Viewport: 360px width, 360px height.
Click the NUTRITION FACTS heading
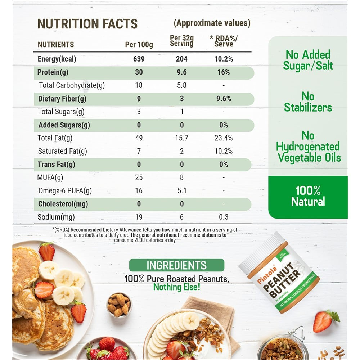point(87,24)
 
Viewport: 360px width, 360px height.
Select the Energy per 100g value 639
point(139,59)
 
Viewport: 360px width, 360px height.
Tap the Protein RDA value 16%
point(224,72)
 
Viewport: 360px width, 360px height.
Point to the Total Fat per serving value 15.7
point(182,138)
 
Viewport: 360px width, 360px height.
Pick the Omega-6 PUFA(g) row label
point(65,191)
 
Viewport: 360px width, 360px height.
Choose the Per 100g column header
point(139,45)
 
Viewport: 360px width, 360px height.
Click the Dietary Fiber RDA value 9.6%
point(224,99)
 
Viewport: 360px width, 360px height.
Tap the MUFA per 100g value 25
point(139,177)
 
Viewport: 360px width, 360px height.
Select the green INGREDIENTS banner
point(177,266)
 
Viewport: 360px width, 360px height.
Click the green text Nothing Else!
point(177,287)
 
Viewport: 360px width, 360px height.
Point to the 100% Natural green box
point(308,196)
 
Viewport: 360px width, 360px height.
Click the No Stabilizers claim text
point(308,102)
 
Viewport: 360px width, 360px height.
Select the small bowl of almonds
point(119,304)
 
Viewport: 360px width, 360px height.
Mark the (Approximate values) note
point(212,23)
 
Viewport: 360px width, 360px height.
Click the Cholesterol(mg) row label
point(63,204)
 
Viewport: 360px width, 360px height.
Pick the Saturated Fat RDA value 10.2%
point(224,151)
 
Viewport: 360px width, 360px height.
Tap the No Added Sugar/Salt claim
point(308,60)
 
